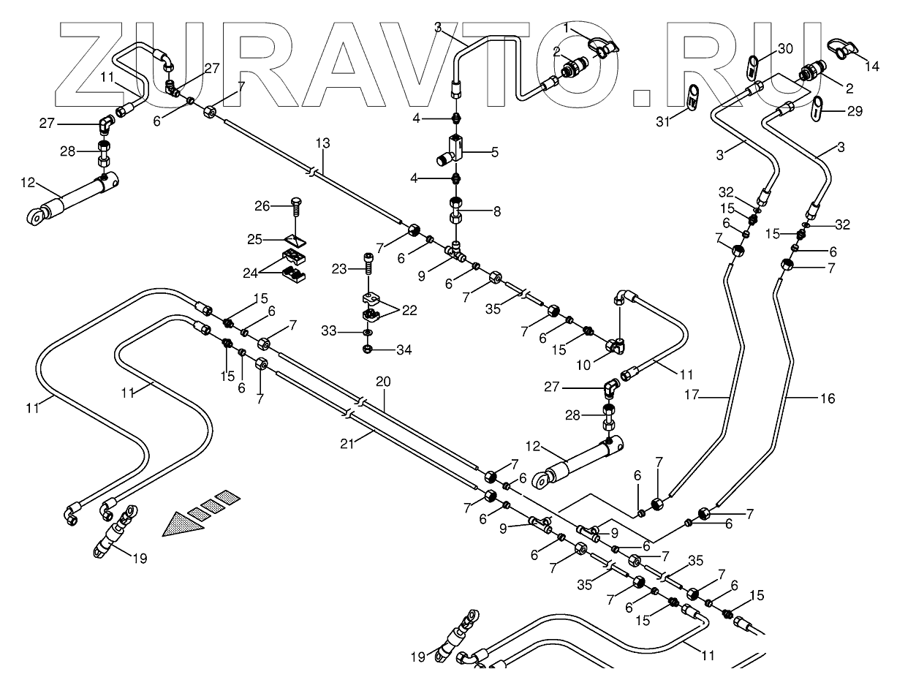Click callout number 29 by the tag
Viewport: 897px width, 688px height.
855,111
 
